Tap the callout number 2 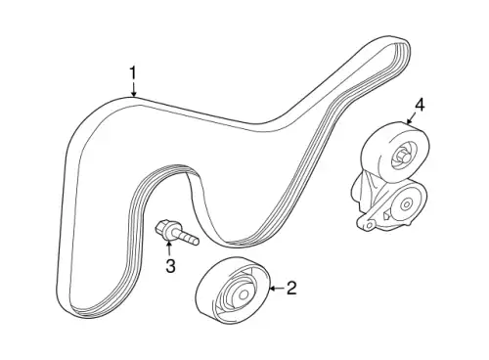[291, 288]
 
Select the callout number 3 [170, 265]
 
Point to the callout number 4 [420, 105]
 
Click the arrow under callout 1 [133, 89]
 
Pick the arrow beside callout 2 [277, 289]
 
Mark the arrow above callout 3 [169, 248]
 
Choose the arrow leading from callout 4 [412, 118]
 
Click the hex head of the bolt [163, 227]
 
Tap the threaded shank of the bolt [188, 238]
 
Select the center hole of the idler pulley [243, 294]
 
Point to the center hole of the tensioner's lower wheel [407, 204]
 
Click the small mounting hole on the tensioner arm [369, 225]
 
